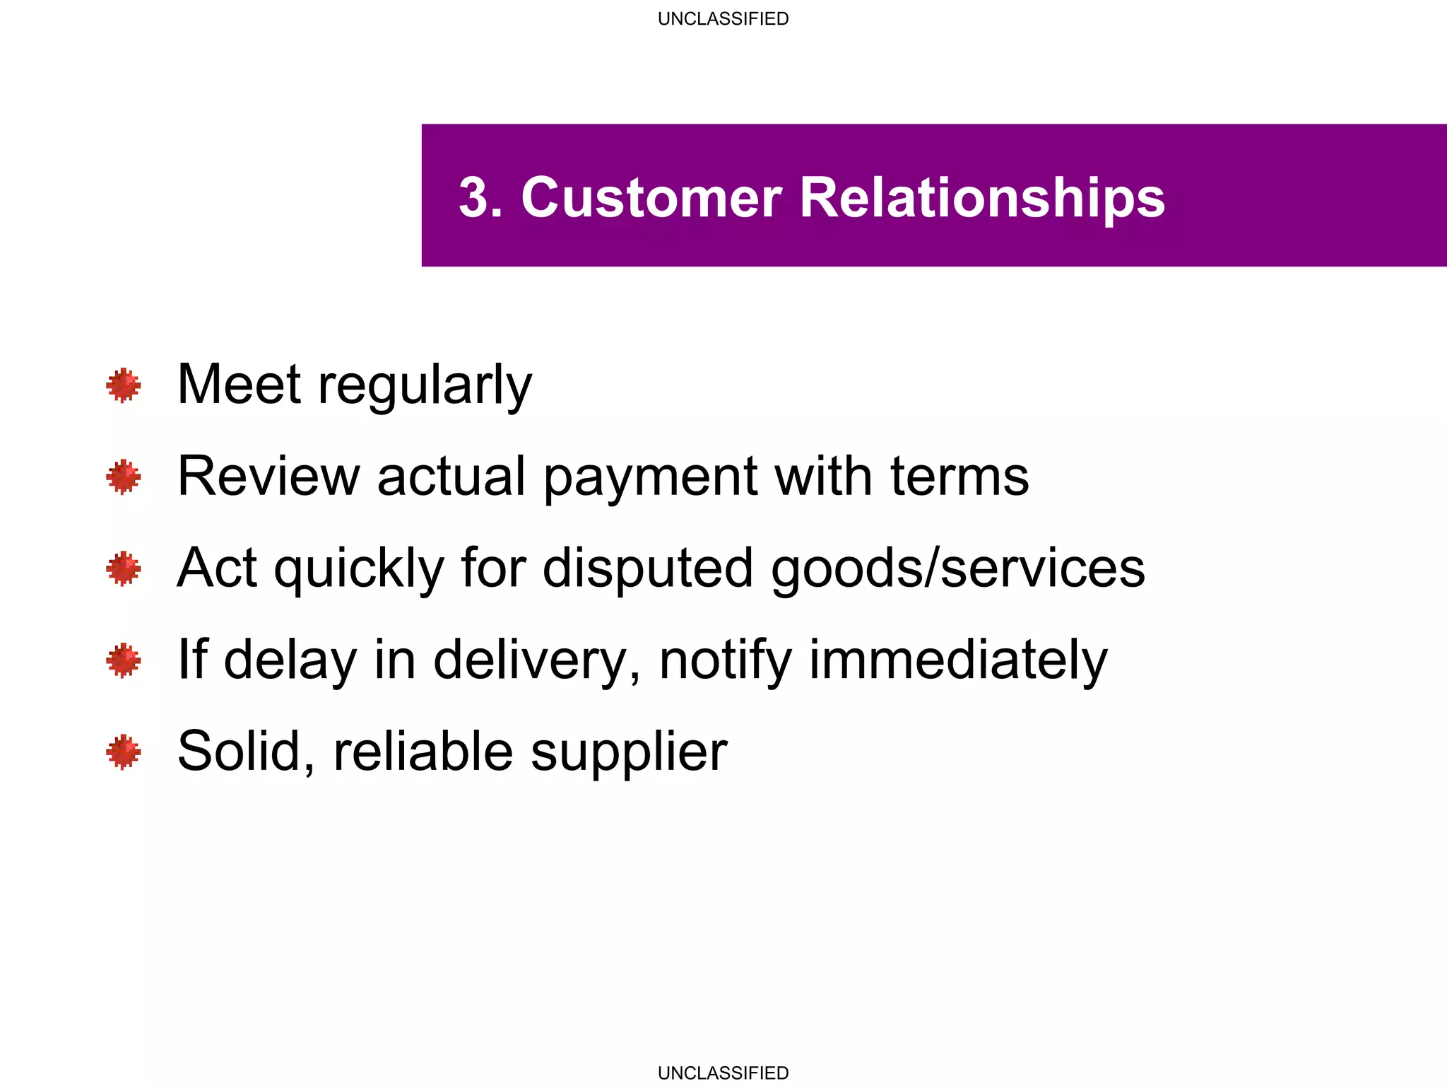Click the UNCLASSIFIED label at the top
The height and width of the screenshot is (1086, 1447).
tap(723, 19)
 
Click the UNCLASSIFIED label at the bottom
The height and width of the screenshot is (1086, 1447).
tap(723, 1073)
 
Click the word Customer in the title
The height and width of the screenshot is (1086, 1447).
tap(651, 197)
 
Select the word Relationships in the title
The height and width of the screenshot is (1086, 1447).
tap(982, 199)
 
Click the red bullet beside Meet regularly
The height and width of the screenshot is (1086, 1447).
tap(124, 385)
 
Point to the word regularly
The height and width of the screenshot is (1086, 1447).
tap(425, 386)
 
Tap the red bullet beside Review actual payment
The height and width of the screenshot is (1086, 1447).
tap(124, 477)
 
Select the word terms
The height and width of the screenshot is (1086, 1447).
tap(959, 476)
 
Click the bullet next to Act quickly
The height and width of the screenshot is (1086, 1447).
tap(124, 568)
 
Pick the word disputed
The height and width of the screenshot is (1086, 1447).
tap(647, 568)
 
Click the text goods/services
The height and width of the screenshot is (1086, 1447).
tap(957, 568)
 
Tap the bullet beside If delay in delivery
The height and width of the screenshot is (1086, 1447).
tap(124, 660)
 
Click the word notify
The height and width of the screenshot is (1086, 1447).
tap(725, 660)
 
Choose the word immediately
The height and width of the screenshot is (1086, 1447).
tap(958, 660)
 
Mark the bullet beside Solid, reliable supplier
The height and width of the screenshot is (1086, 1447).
tap(124, 752)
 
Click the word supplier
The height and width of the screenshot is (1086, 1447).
tap(629, 752)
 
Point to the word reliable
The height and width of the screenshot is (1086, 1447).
tap(423, 751)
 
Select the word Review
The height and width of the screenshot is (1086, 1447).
tap(268, 476)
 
